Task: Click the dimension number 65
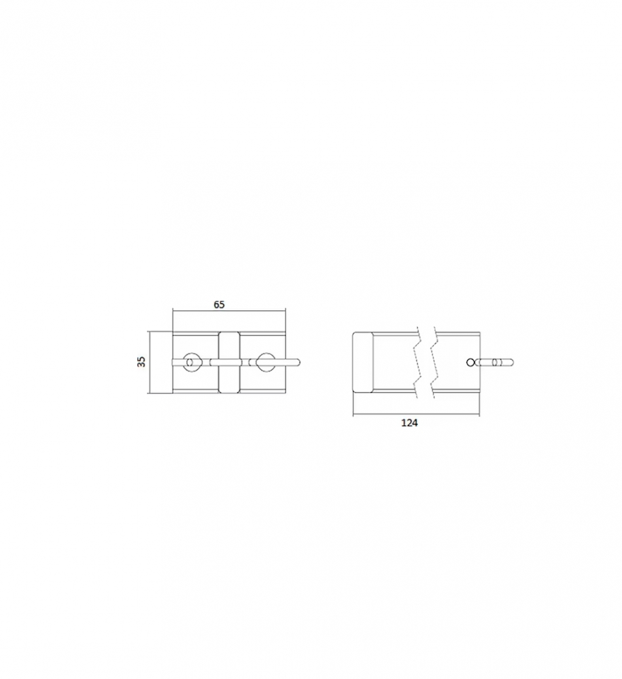[219, 304]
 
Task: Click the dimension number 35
[141, 362]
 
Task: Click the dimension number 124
[409, 422]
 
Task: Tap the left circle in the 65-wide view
[191, 362]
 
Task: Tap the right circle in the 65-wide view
[264, 362]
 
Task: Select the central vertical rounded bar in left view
[228, 362]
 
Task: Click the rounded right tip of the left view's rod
[298, 362]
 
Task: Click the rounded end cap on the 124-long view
[363, 362]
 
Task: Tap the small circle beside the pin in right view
[470, 362]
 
